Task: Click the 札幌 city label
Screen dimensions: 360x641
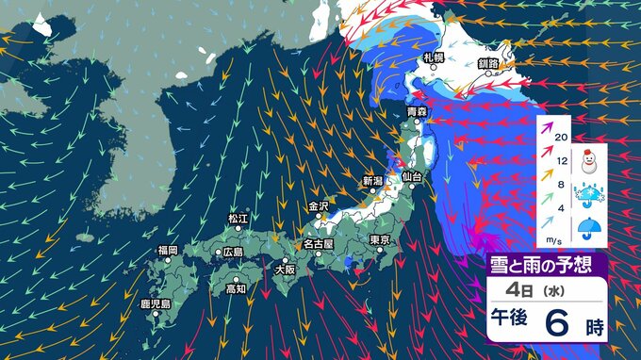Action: [433, 57]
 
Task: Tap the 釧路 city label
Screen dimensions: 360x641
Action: [488, 63]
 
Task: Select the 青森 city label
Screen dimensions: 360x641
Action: [416, 113]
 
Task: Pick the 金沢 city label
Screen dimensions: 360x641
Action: [318, 205]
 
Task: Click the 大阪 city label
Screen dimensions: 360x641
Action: [285, 269]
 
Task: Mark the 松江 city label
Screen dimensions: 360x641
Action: [238, 219]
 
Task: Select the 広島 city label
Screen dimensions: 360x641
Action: [232, 253]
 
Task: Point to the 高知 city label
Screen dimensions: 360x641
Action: [237, 288]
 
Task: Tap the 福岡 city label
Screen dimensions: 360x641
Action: [168, 250]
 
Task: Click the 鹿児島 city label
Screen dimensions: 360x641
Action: [154, 303]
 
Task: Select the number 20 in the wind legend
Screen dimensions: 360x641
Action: [562, 138]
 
